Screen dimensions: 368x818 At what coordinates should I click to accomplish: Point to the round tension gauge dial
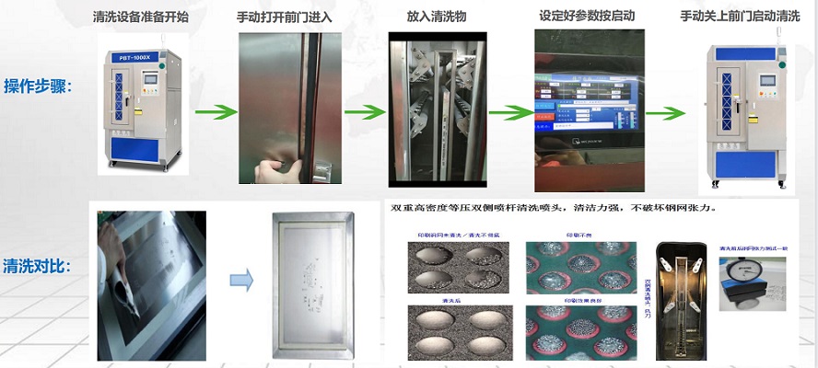(x=750, y=282)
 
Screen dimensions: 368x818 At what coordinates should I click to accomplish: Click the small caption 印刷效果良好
(x=579, y=300)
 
